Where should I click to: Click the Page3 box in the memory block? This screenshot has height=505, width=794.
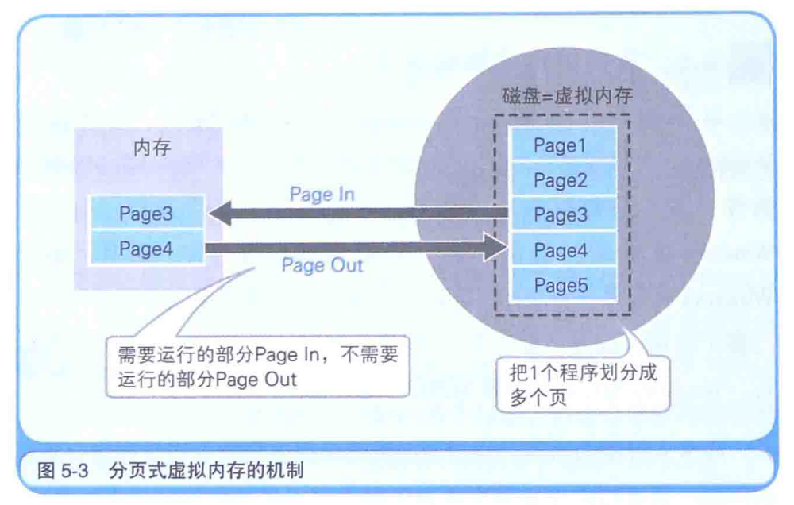pyautogui.click(x=146, y=214)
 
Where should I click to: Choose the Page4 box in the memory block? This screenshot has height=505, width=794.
pyautogui.click(x=146, y=249)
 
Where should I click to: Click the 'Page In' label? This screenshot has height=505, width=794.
pyautogui.click(x=322, y=195)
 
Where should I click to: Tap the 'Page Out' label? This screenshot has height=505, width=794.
pyautogui.click(x=322, y=265)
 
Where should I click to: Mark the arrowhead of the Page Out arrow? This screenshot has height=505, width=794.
pyautogui.click(x=496, y=249)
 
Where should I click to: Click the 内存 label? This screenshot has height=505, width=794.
pyautogui.click(x=152, y=148)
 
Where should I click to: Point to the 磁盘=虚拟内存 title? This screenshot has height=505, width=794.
pyautogui.click(x=566, y=94)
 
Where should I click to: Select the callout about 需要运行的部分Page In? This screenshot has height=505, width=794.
pyautogui.click(x=256, y=366)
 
